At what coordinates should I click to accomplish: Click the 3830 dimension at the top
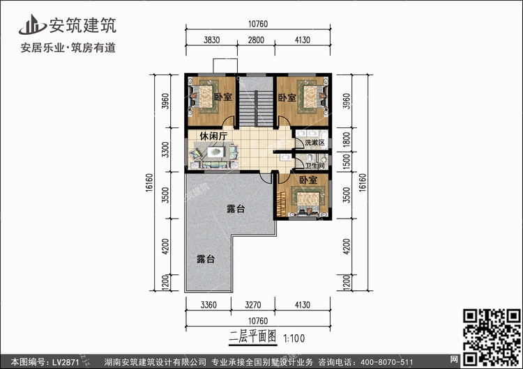click(211, 40)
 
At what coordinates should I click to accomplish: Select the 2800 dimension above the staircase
click(256, 40)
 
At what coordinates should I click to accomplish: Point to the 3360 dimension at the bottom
click(209, 305)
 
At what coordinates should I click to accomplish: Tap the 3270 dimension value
click(253, 305)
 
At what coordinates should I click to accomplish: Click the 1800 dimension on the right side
click(347, 140)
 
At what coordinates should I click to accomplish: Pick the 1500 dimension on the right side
click(347, 162)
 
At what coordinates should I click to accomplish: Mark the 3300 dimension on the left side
click(165, 150)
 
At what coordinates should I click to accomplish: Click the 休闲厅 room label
click(213, 136)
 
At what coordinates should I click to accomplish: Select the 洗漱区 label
click(314, 143)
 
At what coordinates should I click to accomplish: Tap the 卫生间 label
click(315, 166)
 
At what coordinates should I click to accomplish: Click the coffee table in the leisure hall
click(215, 152)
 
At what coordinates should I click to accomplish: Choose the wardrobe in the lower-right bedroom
click(281, 203)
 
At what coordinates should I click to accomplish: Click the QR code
click(492, 337)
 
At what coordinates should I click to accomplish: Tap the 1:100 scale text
click(294, 338)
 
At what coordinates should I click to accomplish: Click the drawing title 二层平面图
click(253, 337)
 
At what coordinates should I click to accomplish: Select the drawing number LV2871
click(66, 362)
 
